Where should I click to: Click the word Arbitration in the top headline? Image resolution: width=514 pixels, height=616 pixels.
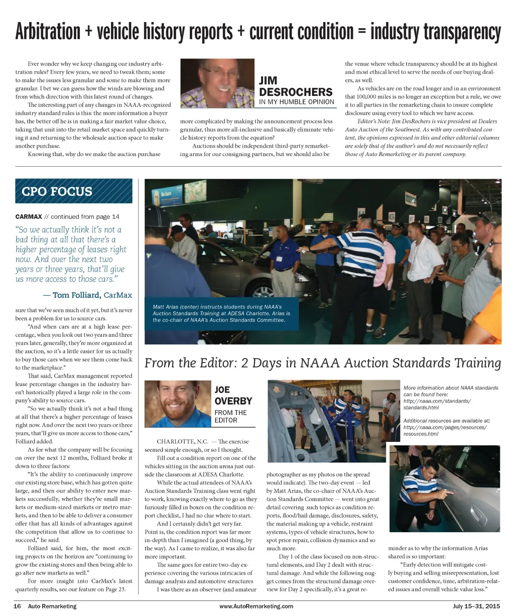[x=48, y=31]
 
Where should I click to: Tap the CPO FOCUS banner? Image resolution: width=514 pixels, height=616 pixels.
[x=73, y=191]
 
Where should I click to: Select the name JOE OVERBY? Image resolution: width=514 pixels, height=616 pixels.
[x=233, y=395]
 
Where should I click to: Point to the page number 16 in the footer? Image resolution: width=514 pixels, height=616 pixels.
[x=17, y=606]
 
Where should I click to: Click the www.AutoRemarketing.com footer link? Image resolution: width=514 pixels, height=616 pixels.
[x=256, y=606]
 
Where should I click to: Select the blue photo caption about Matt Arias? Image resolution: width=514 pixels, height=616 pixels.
[x=221, y=313]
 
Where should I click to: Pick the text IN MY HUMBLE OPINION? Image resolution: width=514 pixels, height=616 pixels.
[x=296, y=102]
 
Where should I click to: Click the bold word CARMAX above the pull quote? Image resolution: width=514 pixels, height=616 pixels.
[x=28, y=216]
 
